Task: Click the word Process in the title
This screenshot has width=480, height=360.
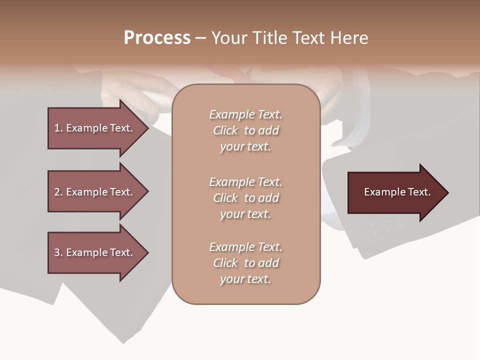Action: pyautogui.click(x=157, y=38)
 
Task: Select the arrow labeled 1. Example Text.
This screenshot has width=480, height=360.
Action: pyautogui.click(x=95, y=128)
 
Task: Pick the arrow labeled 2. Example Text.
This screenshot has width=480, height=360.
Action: pyautogui.click(x=95, y=192)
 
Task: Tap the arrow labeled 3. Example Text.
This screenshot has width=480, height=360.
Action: pyautogui.click(x=95, y=252)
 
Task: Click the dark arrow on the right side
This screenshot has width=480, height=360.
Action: pyautogui.click(x=395, y=192)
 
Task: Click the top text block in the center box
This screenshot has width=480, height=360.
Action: pyautogui.click(x=245, y=130)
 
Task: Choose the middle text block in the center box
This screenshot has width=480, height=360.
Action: pyautogui.click(x=245, y=198)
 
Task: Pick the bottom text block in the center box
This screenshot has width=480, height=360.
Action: pyautogui.click(x=245, y=263)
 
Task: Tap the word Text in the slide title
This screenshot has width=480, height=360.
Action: pyautogui.click(x=308, y=38)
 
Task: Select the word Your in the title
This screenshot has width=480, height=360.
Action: pyautogui.click(x=229, y=38)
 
